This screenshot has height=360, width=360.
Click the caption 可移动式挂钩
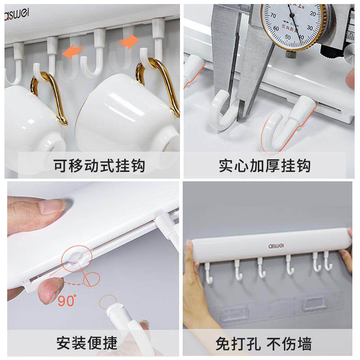(x=99, y=165)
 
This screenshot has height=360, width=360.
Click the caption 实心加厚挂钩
(x=265, y=165)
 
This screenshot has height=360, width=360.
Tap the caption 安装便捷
(x=87, y=344)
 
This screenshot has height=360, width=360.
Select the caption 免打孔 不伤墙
(x=263, y=344)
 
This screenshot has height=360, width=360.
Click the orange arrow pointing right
(x=129, y=42)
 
